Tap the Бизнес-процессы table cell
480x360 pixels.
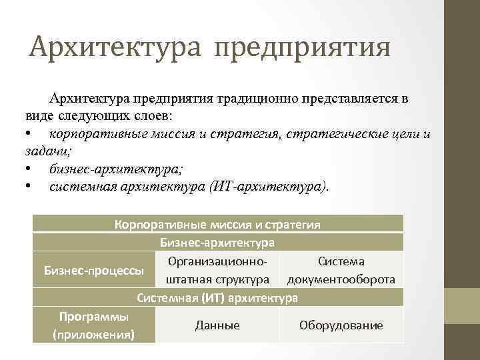point(94,269)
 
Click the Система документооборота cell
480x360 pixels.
point(341,269)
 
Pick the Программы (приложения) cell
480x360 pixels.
point(94,325)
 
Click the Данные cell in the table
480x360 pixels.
point(217,325)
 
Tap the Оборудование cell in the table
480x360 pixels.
point(341,325)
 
